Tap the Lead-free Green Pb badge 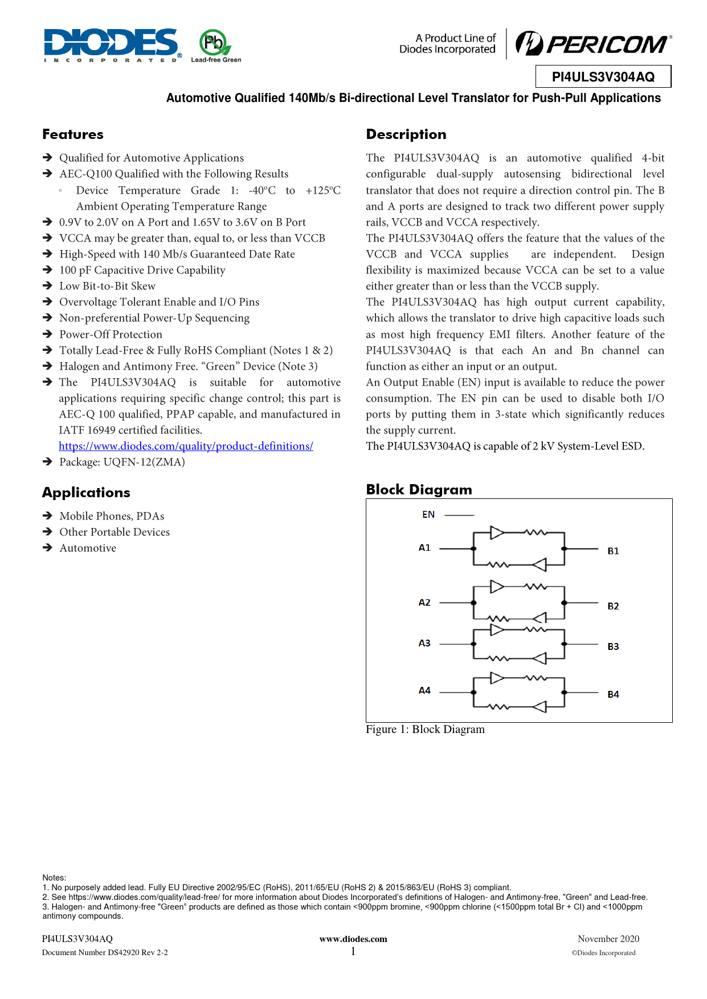click(214, 44)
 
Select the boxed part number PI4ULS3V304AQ click(603, 77)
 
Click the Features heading click(73, 134)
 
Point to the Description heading click(406, 134)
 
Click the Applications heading click(86, 493)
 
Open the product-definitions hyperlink click(186, 446)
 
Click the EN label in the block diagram click(428, 515)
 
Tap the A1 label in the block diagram click(424, 548)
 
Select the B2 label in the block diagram click(613, 607)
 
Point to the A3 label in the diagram click(424, 644)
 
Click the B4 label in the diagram click(613, 695)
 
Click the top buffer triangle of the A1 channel click(497, 533)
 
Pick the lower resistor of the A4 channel click(498, 707)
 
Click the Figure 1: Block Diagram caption click(425, 730)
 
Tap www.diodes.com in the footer click(353, 939)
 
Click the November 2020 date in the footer click(608, 939)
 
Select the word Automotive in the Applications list click(88, 548)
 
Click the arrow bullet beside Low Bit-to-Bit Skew click(48, 286)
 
